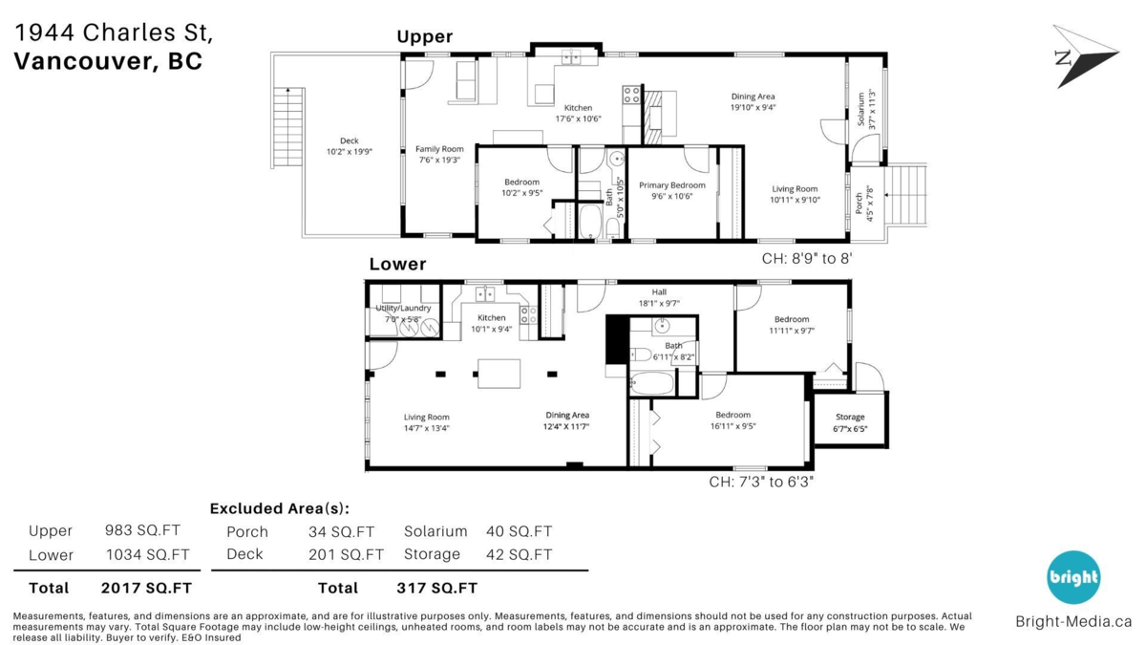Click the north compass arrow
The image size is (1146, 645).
tap(1087, 57)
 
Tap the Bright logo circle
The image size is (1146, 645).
tap(1073, 577)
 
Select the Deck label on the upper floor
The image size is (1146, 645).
tap(350, 140)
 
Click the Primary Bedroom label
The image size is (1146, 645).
tap(671, 184)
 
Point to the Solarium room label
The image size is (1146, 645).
tap(861, 109)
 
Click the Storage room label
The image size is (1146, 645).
tap(850, 417)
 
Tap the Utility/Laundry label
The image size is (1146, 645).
tap(403, 308)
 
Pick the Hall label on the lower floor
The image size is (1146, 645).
tap(659, 291)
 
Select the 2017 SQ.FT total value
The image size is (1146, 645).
tap(146, 588)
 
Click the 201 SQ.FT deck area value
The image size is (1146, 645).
tap(346, 554)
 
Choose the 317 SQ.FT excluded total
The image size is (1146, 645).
tap(437, 588)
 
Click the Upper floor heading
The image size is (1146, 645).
tap(425, 36)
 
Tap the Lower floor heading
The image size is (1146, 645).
tap(397, 264)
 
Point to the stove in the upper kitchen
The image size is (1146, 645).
tap(631, 95)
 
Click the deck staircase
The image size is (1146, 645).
tap(288, 127)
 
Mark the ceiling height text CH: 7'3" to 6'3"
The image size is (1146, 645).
tap(761, 482)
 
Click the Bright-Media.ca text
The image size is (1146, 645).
tap(1073, 621)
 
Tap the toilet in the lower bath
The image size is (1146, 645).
tap(641, 354)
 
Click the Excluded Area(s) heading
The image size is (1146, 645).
tap(280, 508)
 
